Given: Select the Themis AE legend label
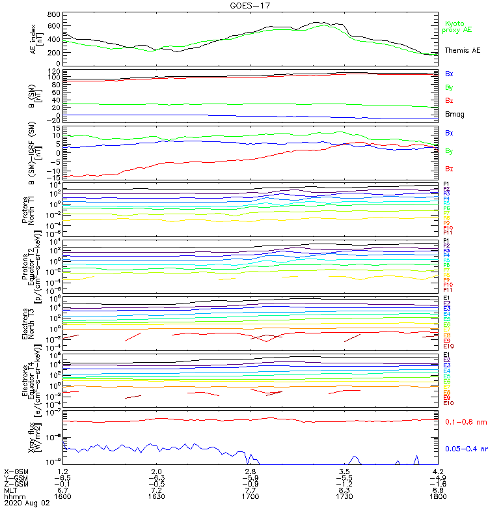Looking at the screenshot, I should [463, 50].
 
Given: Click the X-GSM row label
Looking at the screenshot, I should [16, 471].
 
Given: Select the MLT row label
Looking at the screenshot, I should [11, 490].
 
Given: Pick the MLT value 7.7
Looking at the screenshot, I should [251, 490].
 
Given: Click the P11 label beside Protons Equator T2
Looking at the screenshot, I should [447, 289].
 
